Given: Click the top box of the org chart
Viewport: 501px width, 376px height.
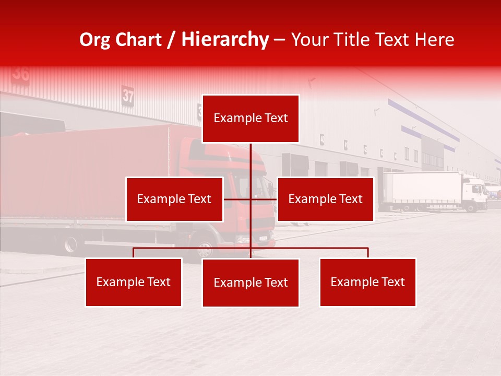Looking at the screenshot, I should pyautogui.click(x=250, y=119).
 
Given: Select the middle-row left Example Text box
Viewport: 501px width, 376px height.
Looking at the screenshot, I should pyautogui.click(x=174, y=199).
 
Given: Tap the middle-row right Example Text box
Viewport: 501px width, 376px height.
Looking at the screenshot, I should pyautogui.click(x=325, y=199).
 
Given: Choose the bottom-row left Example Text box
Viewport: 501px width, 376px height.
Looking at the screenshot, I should pyautogui.click(x=134, y=282).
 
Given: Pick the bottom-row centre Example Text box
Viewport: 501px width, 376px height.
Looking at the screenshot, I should pyautogui.click(x=250, y=283).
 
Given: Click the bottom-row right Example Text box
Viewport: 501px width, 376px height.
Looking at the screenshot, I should pyautogui.click(x=367, y=282).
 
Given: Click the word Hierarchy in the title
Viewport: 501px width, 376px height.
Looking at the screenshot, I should pyautogui.click(x=225, y=40).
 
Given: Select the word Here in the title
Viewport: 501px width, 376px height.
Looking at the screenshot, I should pyautogui.click(x=434, y=40).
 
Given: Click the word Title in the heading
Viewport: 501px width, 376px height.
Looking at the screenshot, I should pyautogui.click(x=345, y=40).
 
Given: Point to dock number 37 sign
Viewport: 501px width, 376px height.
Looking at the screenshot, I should pyautogui.click(x=128, y=96).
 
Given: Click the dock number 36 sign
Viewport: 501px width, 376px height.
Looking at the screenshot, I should pyautogui.click(x=21, y=73).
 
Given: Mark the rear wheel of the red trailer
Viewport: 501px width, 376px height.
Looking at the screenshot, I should pyautogui.click(x=70, y=244).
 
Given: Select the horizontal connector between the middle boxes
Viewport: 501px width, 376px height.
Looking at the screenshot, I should pyautogui.click(x=250, y=199).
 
